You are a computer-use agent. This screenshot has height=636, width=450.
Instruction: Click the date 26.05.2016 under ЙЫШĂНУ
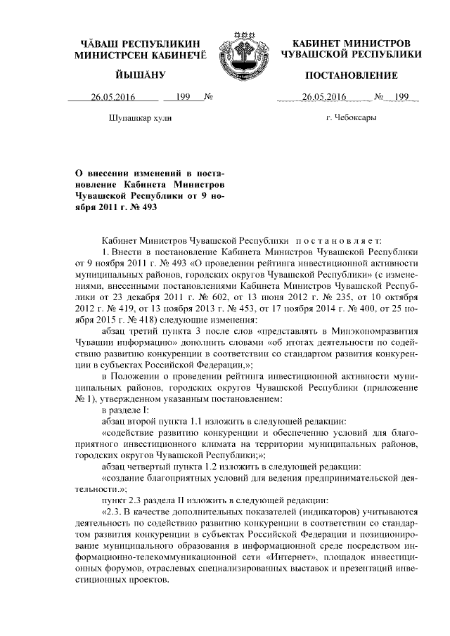[112, 98]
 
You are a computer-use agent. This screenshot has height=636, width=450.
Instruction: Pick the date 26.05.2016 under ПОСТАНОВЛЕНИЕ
[323, 98]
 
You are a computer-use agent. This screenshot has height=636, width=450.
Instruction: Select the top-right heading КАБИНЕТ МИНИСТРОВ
[351, 44]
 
